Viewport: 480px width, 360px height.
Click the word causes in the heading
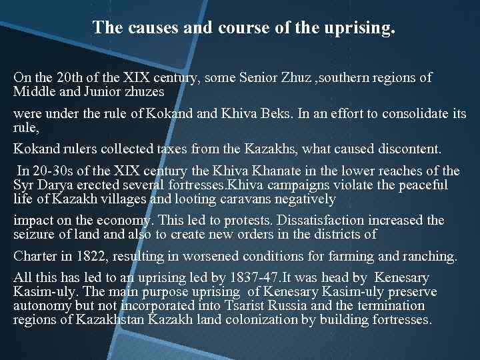click(145, 28)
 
